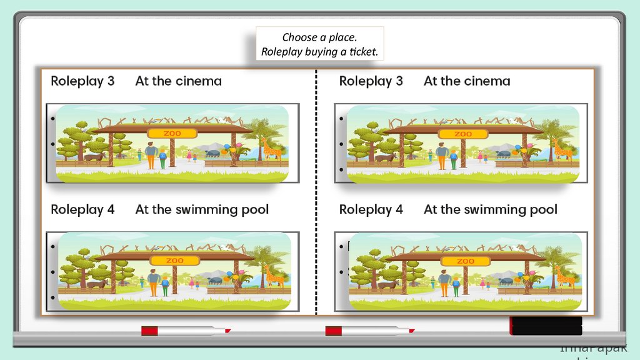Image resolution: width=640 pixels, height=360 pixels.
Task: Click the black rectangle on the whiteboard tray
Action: (546, 326)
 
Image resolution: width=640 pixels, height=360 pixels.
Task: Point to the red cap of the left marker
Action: (149, 331)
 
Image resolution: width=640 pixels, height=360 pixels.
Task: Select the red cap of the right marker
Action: (333, 331)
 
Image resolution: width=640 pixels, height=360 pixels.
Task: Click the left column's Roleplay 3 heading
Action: (82, 81)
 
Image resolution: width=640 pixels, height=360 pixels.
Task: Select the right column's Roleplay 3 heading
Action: (371, 81)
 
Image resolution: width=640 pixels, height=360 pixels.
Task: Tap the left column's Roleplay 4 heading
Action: (82, 209)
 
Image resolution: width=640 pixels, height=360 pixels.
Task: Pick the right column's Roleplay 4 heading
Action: (371, 209)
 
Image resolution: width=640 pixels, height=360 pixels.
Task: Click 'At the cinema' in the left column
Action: (178, 81)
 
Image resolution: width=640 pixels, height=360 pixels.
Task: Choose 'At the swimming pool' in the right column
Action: (490, 209)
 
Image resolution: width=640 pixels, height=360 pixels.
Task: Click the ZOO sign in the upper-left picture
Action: (172, 133)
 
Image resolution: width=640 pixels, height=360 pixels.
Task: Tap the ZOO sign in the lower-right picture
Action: (466, 261)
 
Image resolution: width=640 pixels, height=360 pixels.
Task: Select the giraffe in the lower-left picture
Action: (273, 276)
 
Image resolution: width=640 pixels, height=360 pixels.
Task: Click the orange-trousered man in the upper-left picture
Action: (151, 156)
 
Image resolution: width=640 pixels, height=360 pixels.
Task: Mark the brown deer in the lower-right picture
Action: (387, 285)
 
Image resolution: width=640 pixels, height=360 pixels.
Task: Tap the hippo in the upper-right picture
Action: (504, 153)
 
